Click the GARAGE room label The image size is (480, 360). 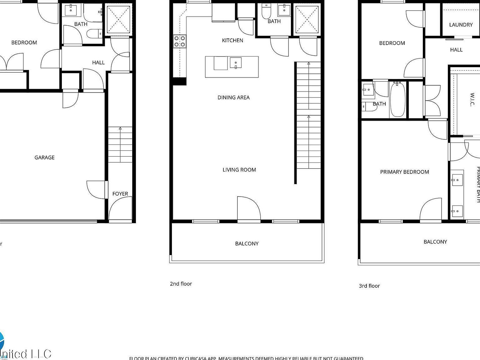coord(44,157)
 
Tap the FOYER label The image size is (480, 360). coord(120,194)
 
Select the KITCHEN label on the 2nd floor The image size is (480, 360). coord(232,40)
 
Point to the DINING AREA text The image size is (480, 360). coord(233,97)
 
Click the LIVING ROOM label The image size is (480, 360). coord(239,170)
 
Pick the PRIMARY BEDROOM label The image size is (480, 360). coord(404,172)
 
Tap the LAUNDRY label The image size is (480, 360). coord(461,25)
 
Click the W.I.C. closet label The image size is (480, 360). coord(472,99)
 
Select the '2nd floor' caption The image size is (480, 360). coord(181,284)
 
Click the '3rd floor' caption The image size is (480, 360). coord(369,286)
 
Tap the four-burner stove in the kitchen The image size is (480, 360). coord(180,42)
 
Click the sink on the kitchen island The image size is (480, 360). coord(236,62)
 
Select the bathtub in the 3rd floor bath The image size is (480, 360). coord(397,99)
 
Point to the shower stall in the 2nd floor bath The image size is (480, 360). coord(307,19)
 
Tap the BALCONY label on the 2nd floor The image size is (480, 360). coord(247,243)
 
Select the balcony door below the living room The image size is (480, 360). coord(248,209)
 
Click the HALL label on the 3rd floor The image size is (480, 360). coord(456,50)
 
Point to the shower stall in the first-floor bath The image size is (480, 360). coord(118,19)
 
